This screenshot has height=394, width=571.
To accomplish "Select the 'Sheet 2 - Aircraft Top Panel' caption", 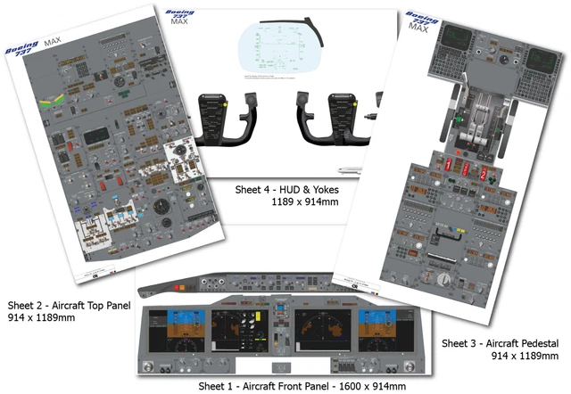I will coord(70,305).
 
